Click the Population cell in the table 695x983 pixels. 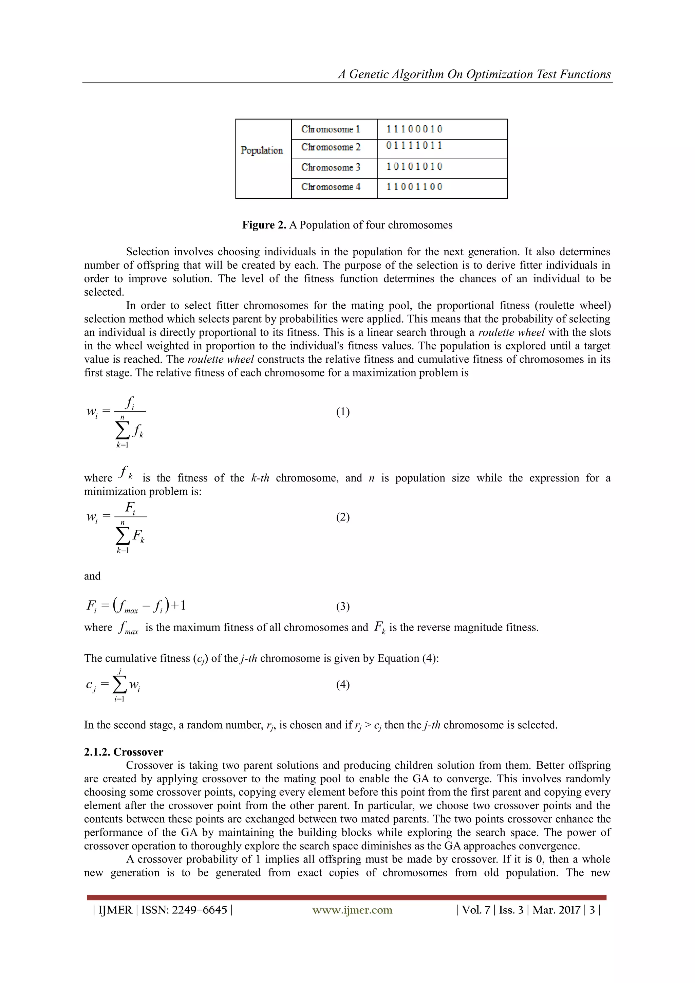click(262, 150)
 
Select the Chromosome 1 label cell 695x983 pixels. click(331, 129)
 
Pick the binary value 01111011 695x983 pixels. click(414, 146)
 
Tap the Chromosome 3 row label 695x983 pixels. click(331, 167)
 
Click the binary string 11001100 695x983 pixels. click(414, 187)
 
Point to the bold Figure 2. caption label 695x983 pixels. click(264, 225)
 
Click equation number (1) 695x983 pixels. click(343, 412)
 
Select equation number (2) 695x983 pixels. click(343, 517)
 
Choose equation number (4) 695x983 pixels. click(343, 685)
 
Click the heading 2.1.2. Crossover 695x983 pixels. click(123, 752)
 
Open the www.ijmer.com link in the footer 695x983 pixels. click(352, 910)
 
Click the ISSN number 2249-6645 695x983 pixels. click(200, 910)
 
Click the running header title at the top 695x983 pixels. click(474, 74)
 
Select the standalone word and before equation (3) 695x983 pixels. click(92, 576)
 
